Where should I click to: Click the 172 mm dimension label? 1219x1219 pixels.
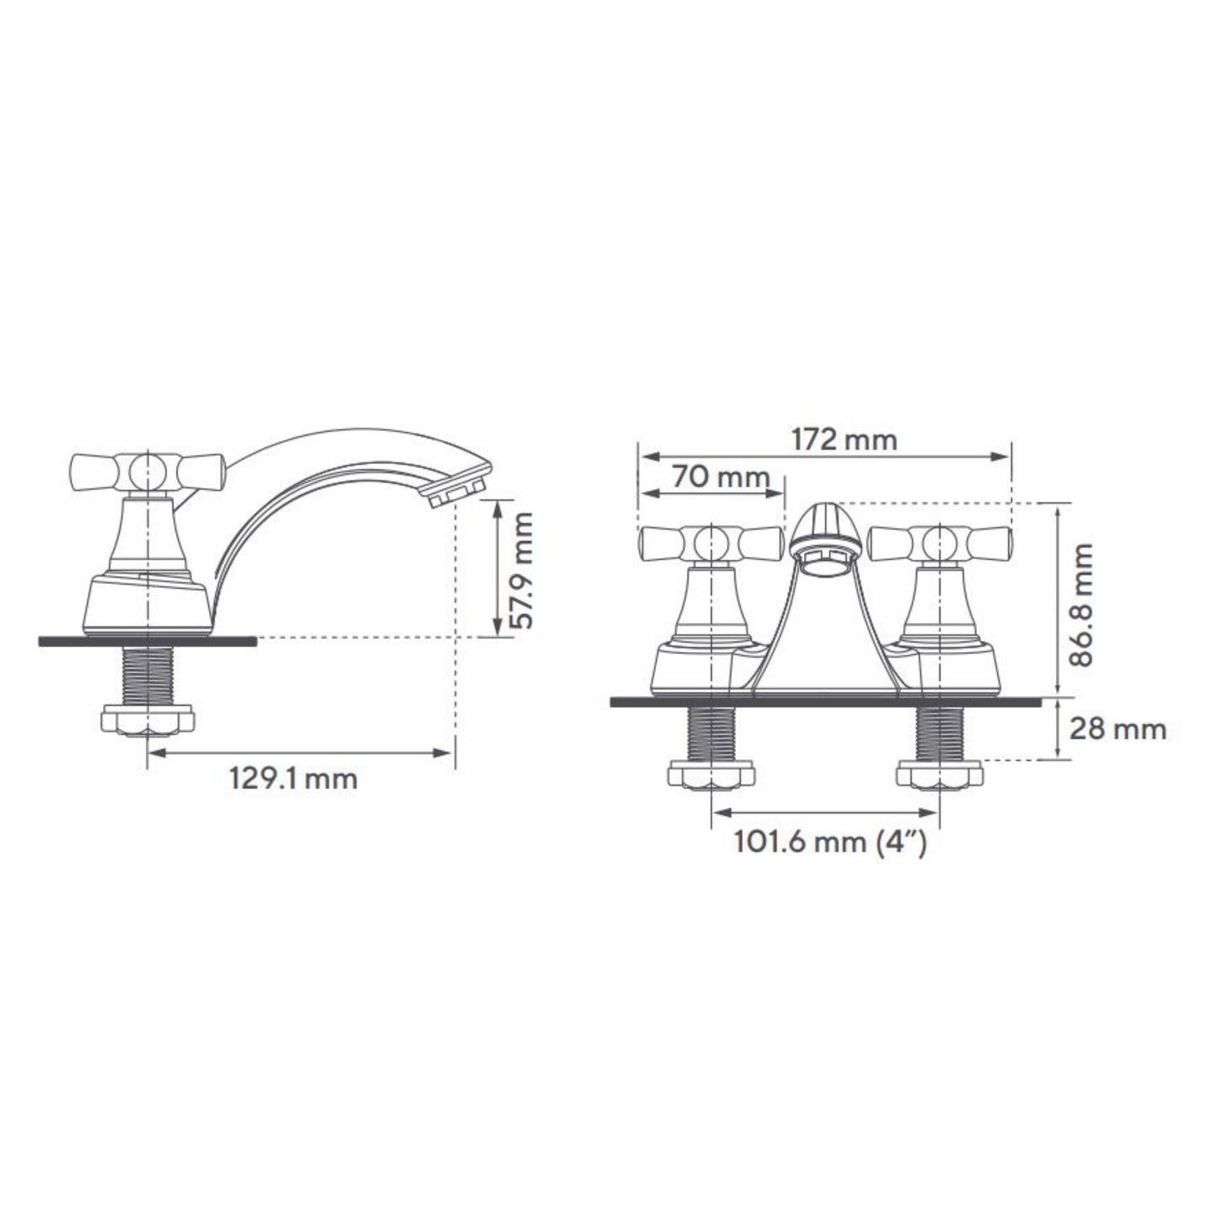coord(844,440)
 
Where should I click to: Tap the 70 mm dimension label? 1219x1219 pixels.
coord(720,477)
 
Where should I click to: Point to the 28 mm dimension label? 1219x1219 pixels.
coord(1118,730)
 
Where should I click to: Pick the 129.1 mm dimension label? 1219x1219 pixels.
coord(293,778)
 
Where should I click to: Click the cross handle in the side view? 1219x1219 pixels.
coord(148,472)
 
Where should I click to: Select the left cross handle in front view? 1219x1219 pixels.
coord(712,543)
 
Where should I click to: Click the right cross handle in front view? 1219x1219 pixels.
coord(940,543)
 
